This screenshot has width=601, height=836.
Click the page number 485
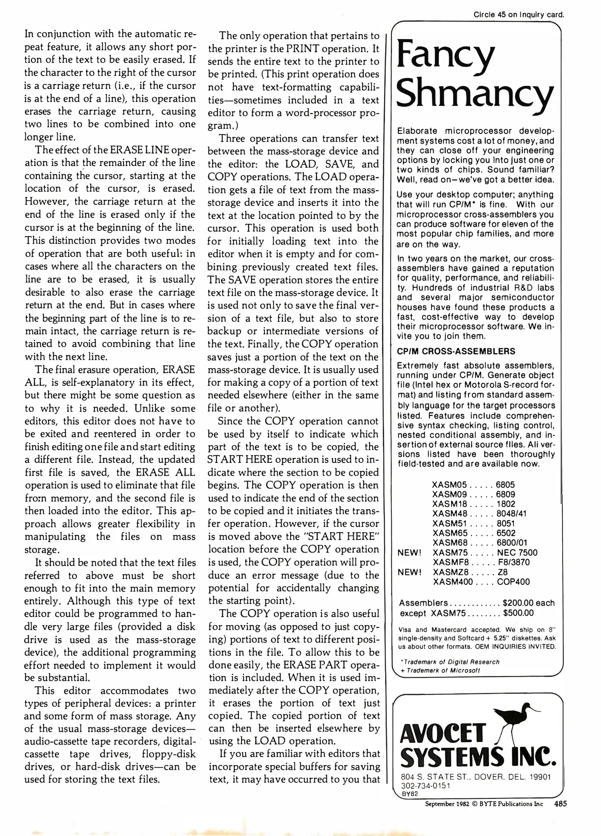pyautogui.click(x=560, y=804)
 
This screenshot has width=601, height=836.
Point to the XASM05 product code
pyautogui.click(x=450, y=485)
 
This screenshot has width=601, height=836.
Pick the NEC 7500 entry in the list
pyautogui.click(x=517, y=553)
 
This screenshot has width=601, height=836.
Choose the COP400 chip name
pyautogui.click(x=513, y=582)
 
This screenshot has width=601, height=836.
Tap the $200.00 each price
pyautogui.click(x=529, y=603)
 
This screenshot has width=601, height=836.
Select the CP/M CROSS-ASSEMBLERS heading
pyautogui.click(x=456, y=351)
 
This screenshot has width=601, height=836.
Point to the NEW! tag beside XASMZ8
pyautogui.click(x=409, y=572)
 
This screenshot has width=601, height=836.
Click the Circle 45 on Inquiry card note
pyautogui.click(x=519, y=15)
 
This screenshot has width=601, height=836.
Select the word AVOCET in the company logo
pyautogui.click(x=442, y=734)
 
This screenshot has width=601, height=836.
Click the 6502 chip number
pyautogui.click(x=506, y=533)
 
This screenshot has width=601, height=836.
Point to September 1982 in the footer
pyautogui.click(x=447, y=804)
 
